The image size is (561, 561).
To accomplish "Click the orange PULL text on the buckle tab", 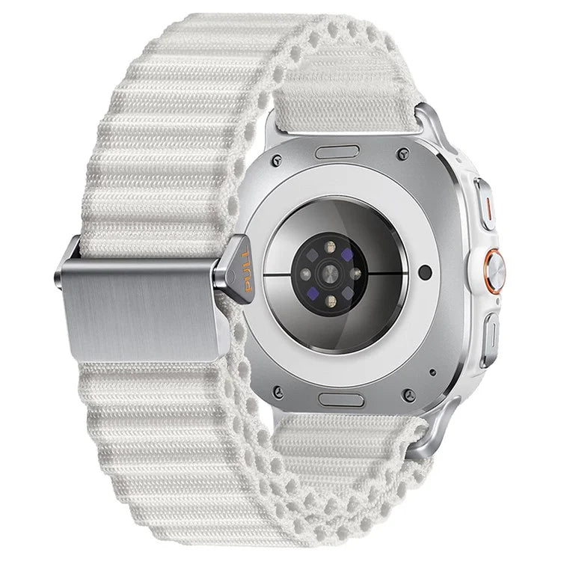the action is pyautogui.click(x=247, y=271).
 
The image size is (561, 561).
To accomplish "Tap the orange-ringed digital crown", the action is pyautogui.click(x=494, y=272).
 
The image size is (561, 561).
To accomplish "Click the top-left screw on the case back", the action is pyautogui.click(x=276, y=160).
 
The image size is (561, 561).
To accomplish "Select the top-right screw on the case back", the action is pyautogui.click(x=403, y=153).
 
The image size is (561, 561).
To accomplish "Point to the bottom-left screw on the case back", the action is pyautogui.click(x=278, y=391).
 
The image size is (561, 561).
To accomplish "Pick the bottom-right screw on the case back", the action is pyautogui.click(x=409, y=395).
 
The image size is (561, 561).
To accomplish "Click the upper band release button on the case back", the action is pyautogui.click(x=337, y=152).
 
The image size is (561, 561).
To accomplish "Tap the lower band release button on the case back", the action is pyautogui.click(x=341, y=400).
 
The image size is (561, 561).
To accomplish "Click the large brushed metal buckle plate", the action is pyautogui.click(x=141, y=310).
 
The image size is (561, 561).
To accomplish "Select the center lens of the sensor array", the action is pyautogui.click(x=330, y=275).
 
